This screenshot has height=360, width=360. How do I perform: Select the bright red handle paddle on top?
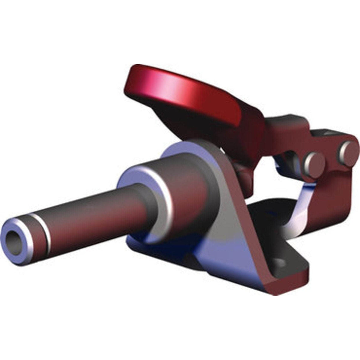(x=180, y=90)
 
